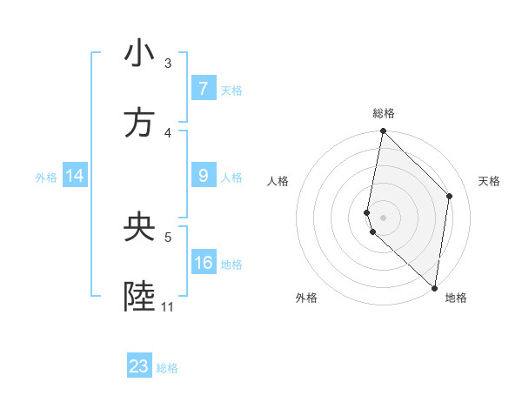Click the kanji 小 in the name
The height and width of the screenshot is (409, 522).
[139, 54]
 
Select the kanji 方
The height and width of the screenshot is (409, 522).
[139, 124]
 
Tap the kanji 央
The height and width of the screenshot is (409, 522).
[139, 228]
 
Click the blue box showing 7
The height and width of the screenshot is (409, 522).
[203, 88]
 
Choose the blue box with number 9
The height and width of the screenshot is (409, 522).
[203, 176]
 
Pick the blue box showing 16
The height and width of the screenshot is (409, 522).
[203, 263]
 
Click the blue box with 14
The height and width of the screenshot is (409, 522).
[75, 177]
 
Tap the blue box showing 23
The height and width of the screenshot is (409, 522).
[139, 366]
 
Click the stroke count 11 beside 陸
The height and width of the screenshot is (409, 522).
[167, 307]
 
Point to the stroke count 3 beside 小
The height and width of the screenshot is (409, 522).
[168, 63]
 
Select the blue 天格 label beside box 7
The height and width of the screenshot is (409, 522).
[231, 90]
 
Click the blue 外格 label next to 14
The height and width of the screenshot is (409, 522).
[46, 178]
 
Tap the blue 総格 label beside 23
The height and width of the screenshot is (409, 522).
[168, 368]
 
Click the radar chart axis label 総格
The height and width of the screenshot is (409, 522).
[384, 114]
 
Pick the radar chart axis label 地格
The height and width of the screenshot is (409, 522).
[456, 298]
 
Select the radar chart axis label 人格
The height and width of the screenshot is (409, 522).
[278, 181]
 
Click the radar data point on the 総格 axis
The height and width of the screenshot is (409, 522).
[383, 131]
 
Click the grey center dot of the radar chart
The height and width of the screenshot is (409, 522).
[383, 217]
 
